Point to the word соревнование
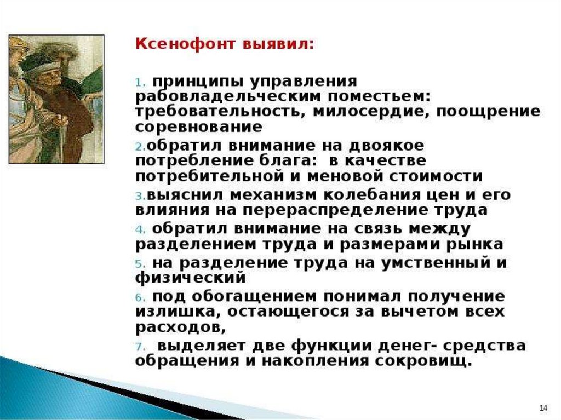click(199, 127)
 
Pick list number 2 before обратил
click(141, 146)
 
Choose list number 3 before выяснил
click(141, 196)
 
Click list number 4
click(140, 229)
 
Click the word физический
click(191, 278)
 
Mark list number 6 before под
click(140, 297)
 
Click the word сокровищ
click(422, 361)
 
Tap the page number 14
click(543, 408)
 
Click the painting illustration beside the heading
click(56, 99)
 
